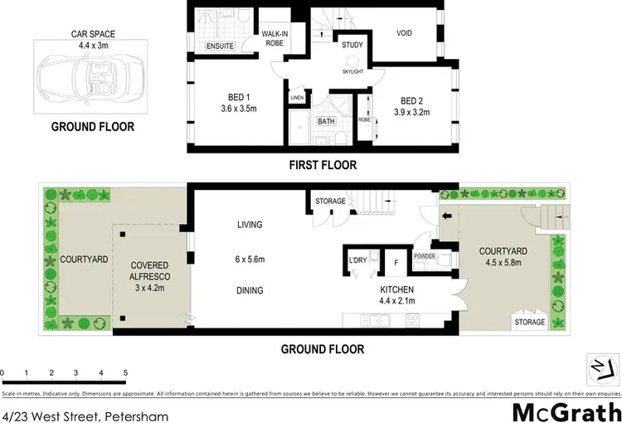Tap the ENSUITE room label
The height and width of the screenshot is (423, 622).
tap(220, 46)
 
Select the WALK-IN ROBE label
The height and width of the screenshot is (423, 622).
tap(274, 38)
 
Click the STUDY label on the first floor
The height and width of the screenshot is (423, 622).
tap(352, 46)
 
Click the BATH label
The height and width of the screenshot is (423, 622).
tap(326, 120)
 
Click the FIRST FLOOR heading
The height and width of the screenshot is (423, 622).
tap(323, 165)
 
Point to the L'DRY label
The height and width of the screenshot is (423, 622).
tap(358, 260)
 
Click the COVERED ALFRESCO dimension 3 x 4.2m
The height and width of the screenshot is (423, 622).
tap(150, 289)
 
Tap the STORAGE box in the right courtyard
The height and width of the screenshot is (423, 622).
tap(529, 322)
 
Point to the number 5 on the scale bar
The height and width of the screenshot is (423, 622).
tap(125, 372)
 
